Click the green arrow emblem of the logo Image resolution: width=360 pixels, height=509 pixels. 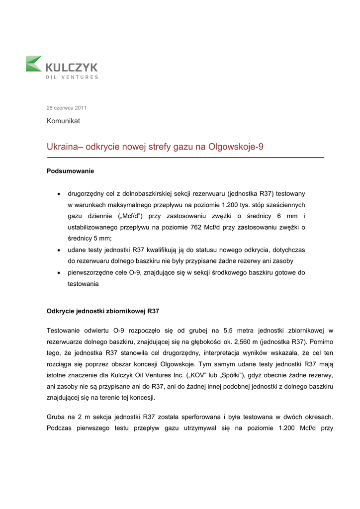(34, 64)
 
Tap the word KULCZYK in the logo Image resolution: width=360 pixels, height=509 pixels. (72, 67)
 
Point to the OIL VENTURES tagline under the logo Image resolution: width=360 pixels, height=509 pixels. (72, 77)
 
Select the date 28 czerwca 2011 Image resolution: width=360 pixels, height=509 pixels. (66, 107)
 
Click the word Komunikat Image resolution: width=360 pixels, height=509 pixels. (63, 121)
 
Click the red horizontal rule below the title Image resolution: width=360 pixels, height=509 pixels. (185, 158)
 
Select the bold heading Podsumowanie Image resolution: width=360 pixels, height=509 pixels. (70, 171)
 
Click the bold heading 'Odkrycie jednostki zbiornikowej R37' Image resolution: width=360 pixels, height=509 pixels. (103, 311)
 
